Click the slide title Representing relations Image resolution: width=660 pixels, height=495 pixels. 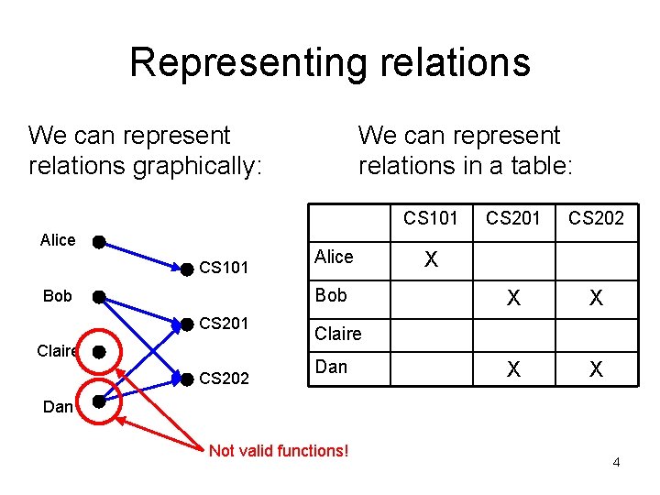coord(330,62)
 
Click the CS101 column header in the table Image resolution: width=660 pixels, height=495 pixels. coord(431,217)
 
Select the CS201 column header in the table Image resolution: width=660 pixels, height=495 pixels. coord(513,217)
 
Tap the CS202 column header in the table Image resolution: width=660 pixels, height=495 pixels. coord(596,217)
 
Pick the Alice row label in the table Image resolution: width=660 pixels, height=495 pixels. coord(334,257)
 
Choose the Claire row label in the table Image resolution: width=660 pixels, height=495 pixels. coord(337,334)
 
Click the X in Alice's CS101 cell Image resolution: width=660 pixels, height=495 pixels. coord(431,261)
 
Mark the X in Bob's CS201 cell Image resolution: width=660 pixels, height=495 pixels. coord(514,298)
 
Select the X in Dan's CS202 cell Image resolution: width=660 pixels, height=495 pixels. coord(596,369)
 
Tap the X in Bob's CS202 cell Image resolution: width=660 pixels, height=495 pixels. coord(596,298)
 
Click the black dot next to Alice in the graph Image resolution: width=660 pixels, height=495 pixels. coord(98,243)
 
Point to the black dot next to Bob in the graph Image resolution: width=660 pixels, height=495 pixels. coord(98,297)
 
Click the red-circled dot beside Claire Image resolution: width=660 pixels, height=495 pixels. coord(99,352)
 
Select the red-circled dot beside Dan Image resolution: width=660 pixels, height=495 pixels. coord(99,401)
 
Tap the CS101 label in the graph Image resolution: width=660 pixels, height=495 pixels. coord(224,269)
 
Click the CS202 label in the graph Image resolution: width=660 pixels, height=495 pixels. coord(224,378)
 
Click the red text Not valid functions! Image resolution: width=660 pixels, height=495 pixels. coord(279,450)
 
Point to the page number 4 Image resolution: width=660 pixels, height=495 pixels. coord(616,462)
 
